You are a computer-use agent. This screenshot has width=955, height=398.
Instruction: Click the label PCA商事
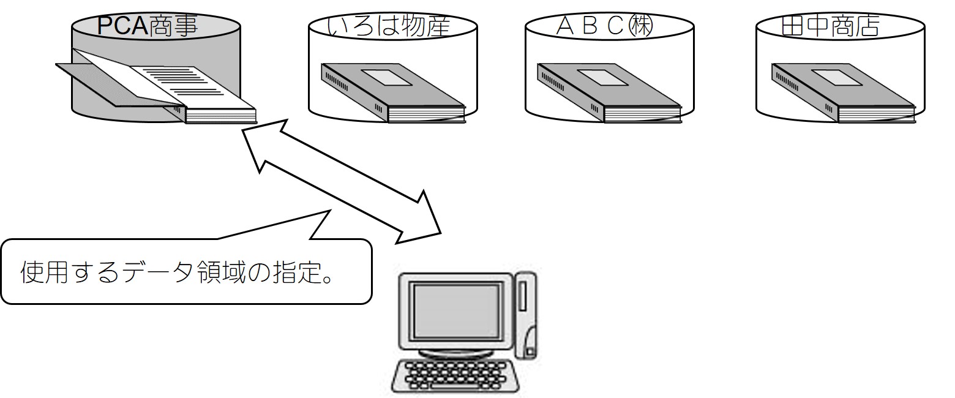pos(148,25)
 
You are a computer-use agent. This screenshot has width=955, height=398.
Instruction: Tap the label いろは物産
pos(388,26)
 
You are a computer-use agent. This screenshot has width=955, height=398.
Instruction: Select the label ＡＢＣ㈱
pos(605,26)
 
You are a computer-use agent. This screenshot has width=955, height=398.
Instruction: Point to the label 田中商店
pos(831,26)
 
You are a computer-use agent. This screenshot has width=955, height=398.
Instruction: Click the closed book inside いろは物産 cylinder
pos(392,93)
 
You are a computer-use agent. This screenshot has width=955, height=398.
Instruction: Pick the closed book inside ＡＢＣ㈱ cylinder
pos(609,93)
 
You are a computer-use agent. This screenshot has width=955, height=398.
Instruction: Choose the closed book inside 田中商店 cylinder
pos(844,93)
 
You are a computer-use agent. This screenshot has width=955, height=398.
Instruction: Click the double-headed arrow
pos(341,182)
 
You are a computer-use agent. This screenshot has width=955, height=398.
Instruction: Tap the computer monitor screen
pos(457,312)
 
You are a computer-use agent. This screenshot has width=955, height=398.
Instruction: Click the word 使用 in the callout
pos(44,272)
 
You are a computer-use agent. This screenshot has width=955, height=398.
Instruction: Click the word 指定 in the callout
pos(296,272)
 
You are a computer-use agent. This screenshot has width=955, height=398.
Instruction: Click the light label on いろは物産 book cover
pos(387,77)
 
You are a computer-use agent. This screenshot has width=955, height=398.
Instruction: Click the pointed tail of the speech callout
pos(331,210)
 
